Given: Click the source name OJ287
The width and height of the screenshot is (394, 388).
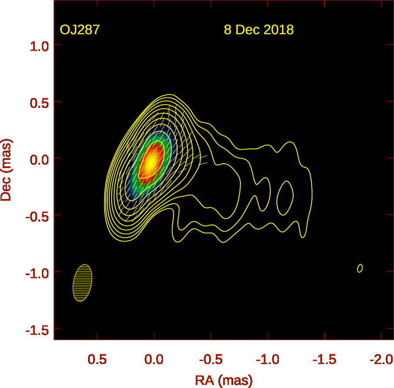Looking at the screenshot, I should tap(80, 30).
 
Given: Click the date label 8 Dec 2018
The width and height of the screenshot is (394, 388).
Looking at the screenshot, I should tap(258, 30).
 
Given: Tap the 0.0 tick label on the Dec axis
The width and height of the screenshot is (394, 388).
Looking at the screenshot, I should tap(39, 159).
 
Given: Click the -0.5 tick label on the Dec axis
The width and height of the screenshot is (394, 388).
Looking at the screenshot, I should tap(37, 215).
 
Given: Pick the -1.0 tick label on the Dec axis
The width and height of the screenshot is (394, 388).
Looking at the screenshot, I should tap(37, 272).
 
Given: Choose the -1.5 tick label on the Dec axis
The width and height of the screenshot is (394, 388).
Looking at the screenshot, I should tap(37, 328).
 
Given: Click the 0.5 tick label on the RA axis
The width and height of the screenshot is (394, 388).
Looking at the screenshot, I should tap(97, 360).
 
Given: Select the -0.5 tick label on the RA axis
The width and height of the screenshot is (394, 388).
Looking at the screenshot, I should tap(211, 360).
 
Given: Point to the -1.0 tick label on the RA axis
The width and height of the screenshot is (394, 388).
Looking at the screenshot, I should tap(267, 360).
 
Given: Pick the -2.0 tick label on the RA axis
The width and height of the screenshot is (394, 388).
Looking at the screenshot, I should tap(380, 360).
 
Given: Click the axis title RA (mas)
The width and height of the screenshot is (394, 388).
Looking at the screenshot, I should tap(224, 380).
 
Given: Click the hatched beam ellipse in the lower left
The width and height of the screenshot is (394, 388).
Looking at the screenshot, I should tap(82, 283).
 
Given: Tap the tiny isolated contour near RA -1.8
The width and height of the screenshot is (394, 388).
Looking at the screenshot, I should tap(360, 268).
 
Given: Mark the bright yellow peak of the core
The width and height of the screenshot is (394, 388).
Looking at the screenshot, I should tap(150, 162).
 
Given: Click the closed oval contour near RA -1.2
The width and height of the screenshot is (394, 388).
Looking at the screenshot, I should tap(285, 197).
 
